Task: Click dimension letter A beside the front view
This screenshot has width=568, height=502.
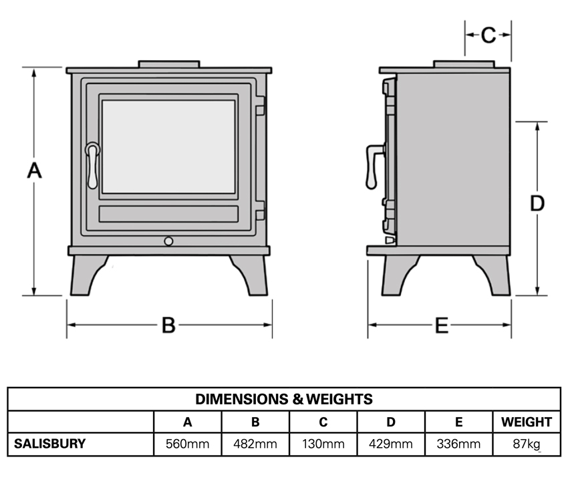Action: (x=34, y=171)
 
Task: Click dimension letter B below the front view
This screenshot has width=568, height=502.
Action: (x=169, y=326)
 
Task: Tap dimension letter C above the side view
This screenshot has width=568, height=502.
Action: (x=488, y=35)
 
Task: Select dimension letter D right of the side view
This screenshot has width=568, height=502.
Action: (x=537, y=203)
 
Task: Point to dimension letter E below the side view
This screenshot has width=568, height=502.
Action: (x=441, y=326)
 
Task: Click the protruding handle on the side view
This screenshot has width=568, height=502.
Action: (x=372, y=167)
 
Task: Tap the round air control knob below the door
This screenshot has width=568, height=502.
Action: (x=168, y=240)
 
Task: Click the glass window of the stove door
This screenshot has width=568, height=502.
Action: (x=168, y=146)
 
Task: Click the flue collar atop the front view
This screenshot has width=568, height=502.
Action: (x=168, y=64)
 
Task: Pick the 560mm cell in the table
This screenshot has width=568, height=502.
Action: (x=188, y=444)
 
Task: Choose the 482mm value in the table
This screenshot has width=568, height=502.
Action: (x=255, y=444)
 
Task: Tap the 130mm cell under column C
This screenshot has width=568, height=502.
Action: (x=323, y=444)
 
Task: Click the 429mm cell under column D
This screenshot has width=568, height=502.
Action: (x=391, y=444)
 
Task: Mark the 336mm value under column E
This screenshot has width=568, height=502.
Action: (x=458, y=444)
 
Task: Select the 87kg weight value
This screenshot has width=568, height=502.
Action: (x=527, y=444)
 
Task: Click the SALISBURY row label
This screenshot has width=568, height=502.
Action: (x=50, y=444)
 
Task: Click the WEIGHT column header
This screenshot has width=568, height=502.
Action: (x=527, y=422)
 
